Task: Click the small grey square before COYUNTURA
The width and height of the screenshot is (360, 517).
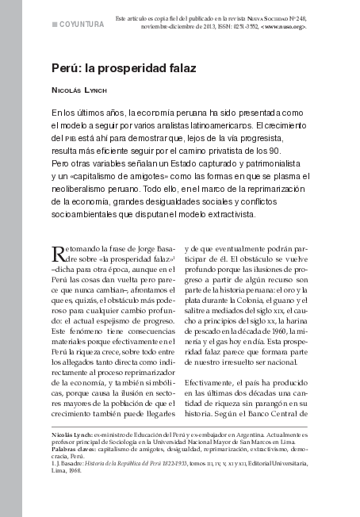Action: tap(55, 25)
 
